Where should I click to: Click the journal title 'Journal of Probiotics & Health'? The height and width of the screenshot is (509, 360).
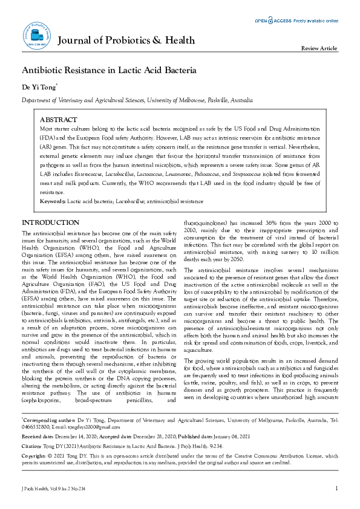126,41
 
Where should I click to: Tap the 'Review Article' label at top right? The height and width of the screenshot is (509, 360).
319,48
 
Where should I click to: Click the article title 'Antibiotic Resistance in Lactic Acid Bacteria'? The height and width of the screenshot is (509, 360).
109,70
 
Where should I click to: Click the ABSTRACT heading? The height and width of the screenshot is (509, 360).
58,120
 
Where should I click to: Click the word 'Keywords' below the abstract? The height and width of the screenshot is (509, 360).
52,200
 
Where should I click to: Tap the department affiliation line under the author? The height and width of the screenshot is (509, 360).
137,100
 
